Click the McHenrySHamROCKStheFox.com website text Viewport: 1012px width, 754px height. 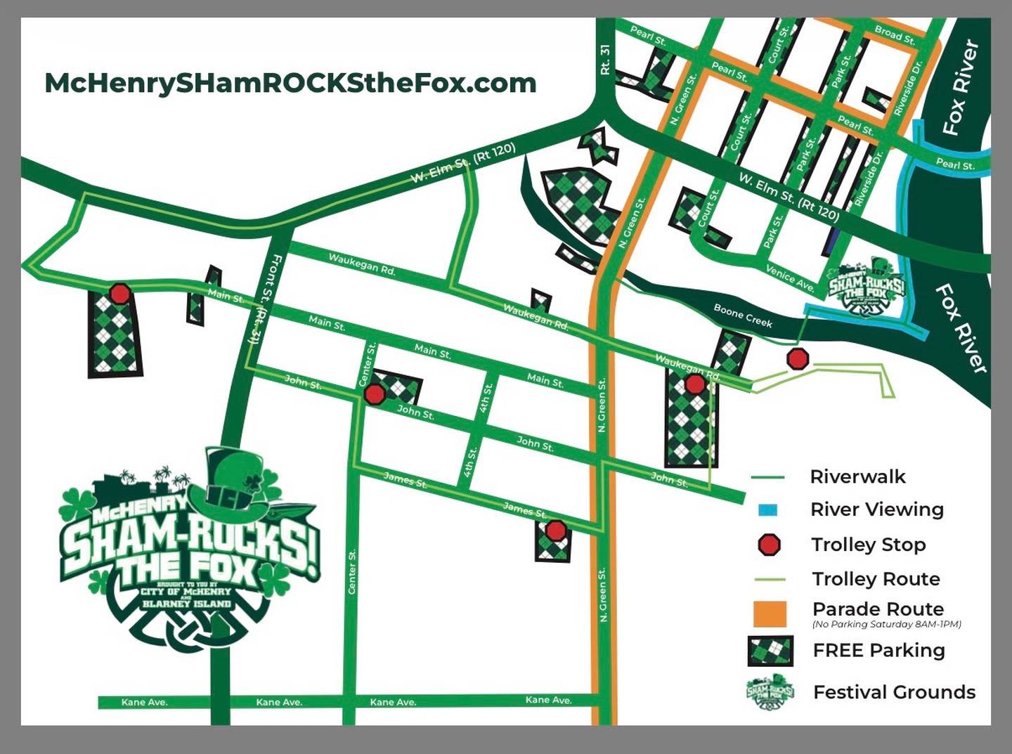click(x=290, y=83)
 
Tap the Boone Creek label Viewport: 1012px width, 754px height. click(x=742, y=316)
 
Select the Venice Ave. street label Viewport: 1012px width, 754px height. click(x=789, y=278)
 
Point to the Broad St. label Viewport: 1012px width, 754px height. click(x=895, y=35)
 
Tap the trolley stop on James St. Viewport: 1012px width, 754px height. click(x=556, y=530)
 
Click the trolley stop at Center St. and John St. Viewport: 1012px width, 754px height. click(x=375, y=394)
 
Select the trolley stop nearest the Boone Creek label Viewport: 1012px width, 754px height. click(x=798, y=359)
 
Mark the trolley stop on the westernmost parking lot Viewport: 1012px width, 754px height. click(x=120, y=293)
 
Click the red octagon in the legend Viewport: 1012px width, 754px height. click(x=770, y=545)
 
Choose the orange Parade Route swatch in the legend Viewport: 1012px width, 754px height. click(x=770, y=613)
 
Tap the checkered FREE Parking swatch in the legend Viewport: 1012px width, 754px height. click(x=770, y=651)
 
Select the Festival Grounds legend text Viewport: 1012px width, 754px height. click(x=894, y=692)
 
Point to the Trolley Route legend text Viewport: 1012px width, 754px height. click(x=876, y=579)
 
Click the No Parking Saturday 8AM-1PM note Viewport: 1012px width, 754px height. click(x=886, y=625)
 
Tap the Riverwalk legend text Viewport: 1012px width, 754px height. click(x=857, y=477)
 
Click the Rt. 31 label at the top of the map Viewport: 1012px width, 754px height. click(x=605, y=60)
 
